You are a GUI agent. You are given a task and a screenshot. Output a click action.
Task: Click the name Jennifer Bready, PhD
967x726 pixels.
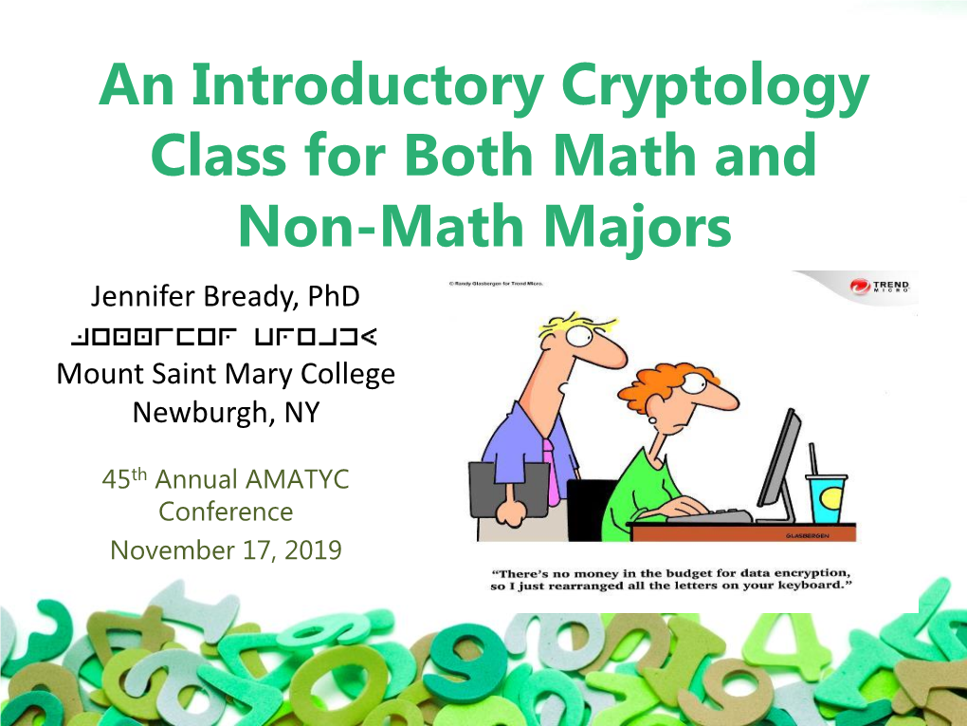click(225, 297)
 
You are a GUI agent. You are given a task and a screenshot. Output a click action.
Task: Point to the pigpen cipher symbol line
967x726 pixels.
click(225, 336)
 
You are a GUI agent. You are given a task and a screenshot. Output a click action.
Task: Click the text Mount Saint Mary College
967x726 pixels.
click(225, 374)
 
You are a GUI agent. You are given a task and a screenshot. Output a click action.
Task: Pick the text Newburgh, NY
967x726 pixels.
click(225, 412)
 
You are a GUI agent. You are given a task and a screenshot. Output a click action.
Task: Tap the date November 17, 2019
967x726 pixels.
click(226, 549)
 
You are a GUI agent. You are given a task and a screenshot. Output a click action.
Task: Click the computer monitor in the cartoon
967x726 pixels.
click(779, 465)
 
